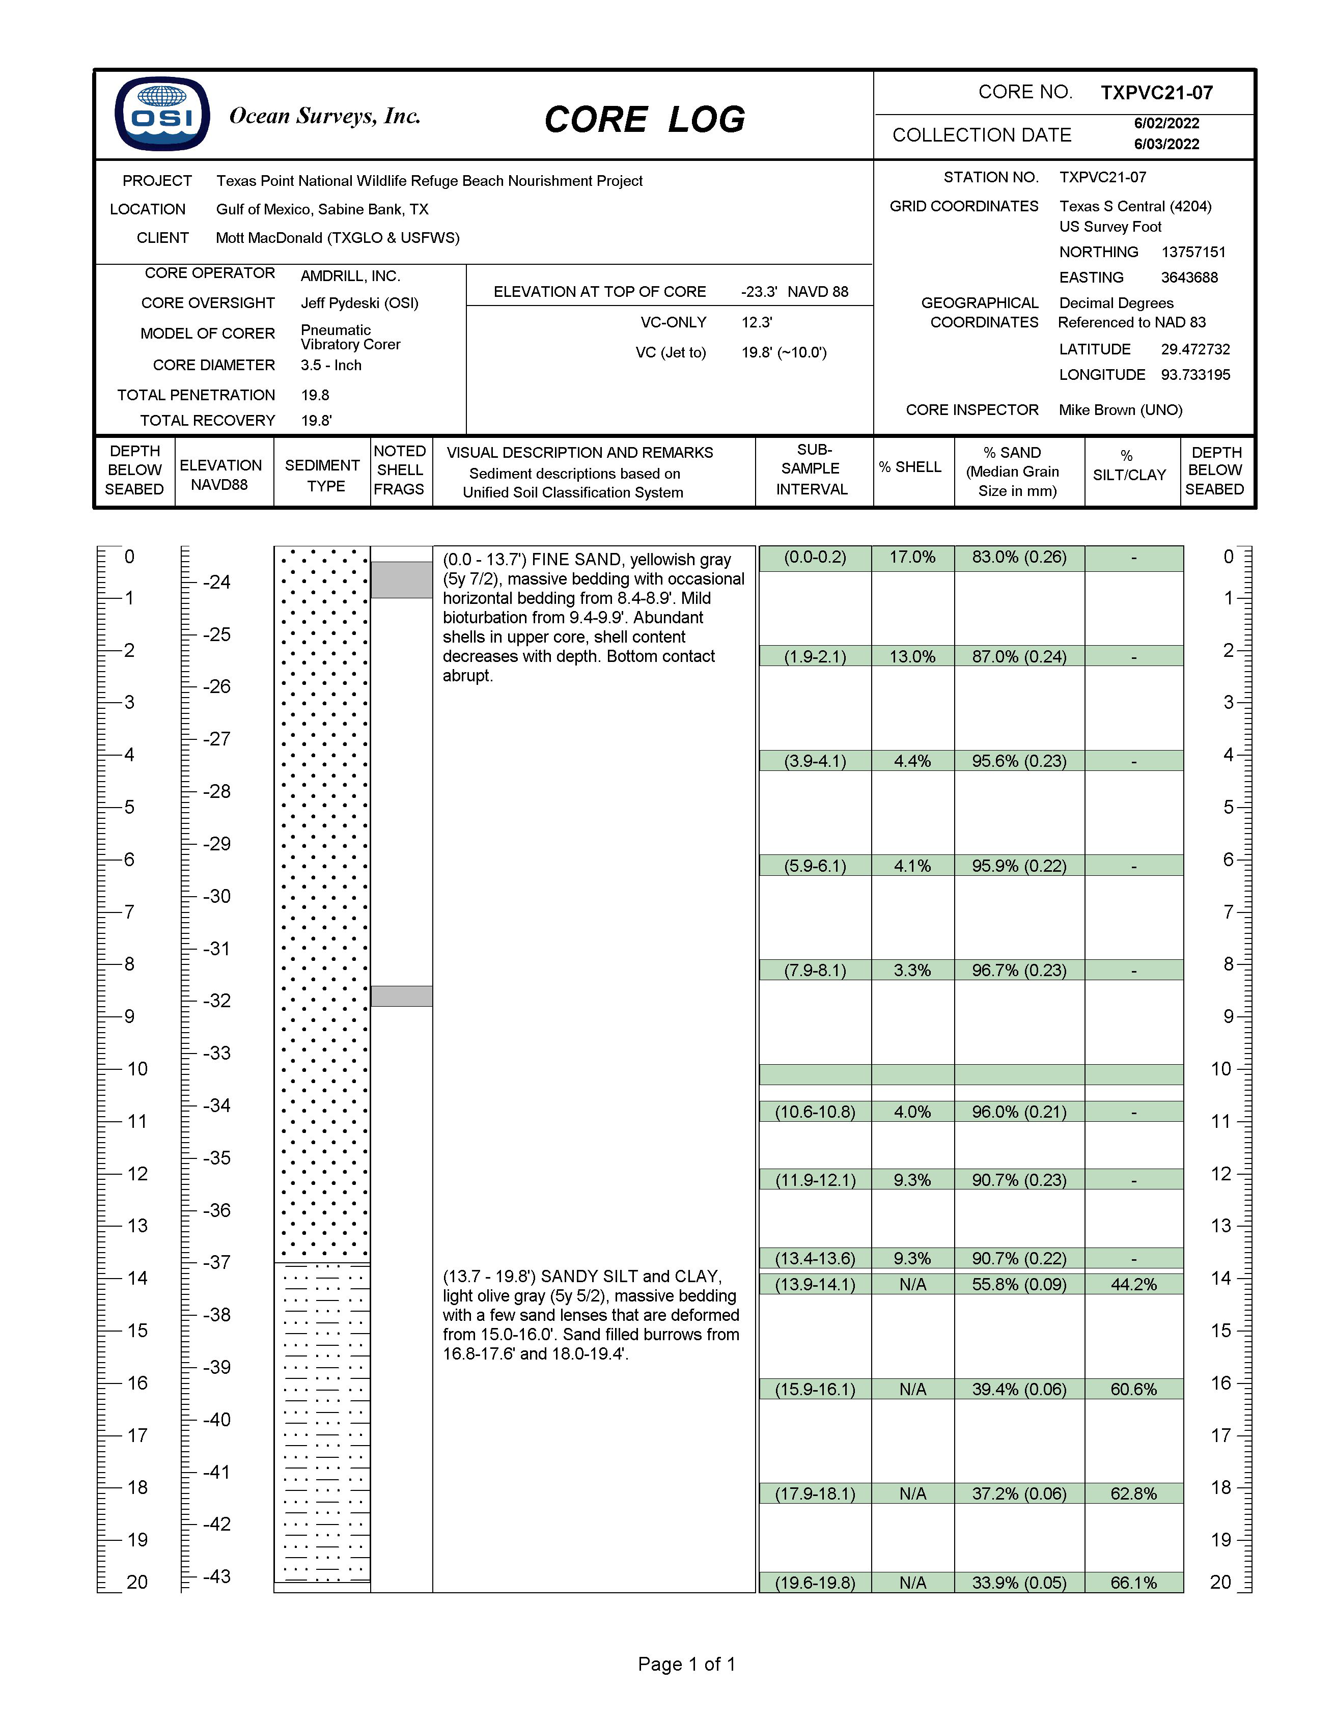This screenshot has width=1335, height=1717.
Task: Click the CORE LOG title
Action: click(x=644, y=120)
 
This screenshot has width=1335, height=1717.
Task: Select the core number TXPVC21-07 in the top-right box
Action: click(x=1156, y=93)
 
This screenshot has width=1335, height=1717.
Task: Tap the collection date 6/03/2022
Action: click(x=1166, y=144)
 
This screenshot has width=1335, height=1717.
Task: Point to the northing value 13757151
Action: click(x=1193, y=252)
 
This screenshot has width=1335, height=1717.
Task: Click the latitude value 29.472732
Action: click(x=1195, y=349)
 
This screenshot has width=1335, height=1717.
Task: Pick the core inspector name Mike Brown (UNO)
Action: click(x=1120, y=409)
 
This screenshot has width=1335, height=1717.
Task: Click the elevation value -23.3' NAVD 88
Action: click(x=794, y=292)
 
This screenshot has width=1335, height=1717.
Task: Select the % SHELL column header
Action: click(x=910, y=467)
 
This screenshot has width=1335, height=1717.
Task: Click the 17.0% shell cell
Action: click(x=912, y=558)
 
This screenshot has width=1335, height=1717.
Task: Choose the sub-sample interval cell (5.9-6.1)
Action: click(x=815, y=866)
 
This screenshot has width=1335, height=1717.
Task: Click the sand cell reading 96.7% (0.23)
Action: click(x=1019, y=970)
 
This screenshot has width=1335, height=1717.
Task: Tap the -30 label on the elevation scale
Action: click(x=217, y=896)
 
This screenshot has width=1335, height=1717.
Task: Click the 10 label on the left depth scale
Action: click(x=137, y=1068)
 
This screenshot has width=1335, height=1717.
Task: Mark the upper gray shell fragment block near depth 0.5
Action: click(x=401, y=579)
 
